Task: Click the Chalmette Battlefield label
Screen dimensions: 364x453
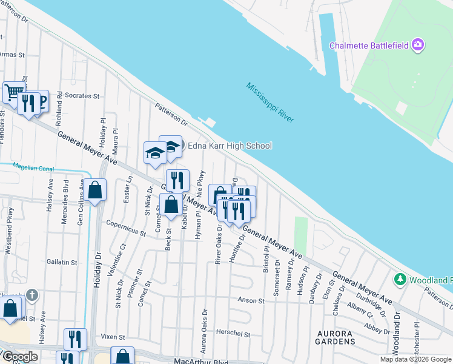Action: point(368,45)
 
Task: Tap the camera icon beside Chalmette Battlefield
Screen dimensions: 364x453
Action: point(417,45)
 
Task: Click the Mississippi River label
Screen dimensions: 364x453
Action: point(270,102)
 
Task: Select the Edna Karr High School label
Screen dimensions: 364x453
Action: point(230,146)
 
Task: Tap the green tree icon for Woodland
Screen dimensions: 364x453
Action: point(400,280)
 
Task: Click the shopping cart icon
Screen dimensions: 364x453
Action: point(13,92)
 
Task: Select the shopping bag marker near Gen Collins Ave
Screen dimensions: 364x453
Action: point(96,190)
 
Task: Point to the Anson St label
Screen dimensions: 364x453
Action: point(251,300)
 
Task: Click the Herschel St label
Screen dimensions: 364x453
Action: point(234,334)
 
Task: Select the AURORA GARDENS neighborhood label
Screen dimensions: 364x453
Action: point(336,337)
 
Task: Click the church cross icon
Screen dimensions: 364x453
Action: point(33,295)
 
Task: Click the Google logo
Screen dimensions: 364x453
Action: point(19,357)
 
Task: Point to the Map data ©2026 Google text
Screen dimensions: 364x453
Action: point(415,359)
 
